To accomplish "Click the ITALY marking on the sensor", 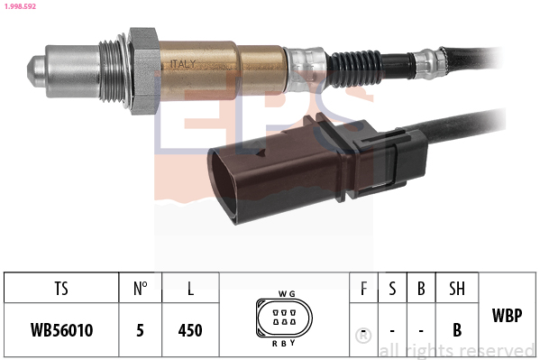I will coord(182,64).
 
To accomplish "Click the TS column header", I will coord(61,291).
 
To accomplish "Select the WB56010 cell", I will coord(61,330).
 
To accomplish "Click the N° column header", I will coord(140,291).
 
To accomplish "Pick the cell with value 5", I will coord(140,330).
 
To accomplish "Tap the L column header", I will coord(190,291).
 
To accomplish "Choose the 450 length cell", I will coord(190,330).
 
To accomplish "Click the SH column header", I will coord(457,291).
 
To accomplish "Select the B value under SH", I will coord(457,330).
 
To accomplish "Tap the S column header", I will coord(392,291).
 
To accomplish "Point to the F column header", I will coord(363,291).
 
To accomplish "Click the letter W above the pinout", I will coord(281,294).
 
